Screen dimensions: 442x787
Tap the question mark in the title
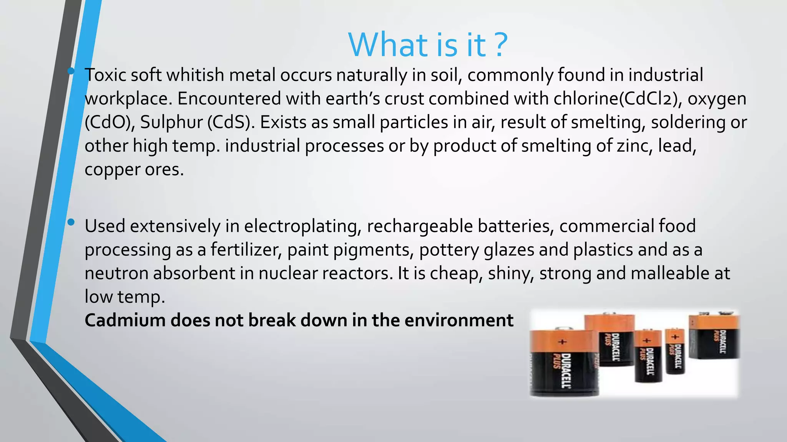pyautogui.click(x=500, y=45)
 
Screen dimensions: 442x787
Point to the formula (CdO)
pyautogui.click(x=110, y=122)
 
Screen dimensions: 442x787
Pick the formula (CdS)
pyautogui.click(x=231, y=122)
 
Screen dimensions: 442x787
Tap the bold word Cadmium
pyautogui.click(x=125, y=320)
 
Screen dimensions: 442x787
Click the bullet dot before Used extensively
pyautogui.click(x=71, y=222)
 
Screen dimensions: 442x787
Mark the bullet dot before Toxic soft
pyautogui.click(x=71, y=71)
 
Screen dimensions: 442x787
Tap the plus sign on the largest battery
pyautogui.click(x=562, y=341)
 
